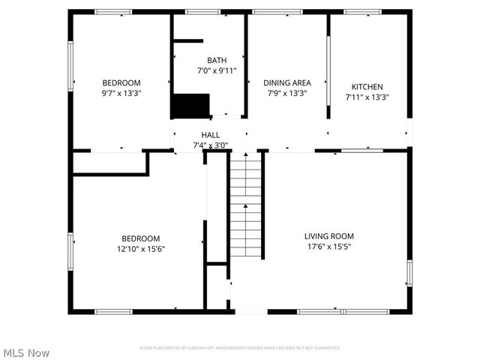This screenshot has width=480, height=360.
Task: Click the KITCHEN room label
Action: [367, 87]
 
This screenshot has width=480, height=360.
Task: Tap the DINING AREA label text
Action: [284, 82]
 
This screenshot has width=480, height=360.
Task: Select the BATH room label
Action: [217, 60]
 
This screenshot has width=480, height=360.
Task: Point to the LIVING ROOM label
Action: [329, 235]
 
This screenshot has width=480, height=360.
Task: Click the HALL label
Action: [210, 135]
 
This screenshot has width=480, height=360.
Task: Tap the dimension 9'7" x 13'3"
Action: [121, 93]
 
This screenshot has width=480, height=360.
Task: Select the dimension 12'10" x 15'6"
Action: [141, 248]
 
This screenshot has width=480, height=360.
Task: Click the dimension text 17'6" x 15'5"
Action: [329, 246]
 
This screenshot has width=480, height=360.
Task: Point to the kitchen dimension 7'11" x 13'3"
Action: [367, 97]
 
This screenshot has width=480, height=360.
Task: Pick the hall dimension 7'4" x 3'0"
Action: [210, 145]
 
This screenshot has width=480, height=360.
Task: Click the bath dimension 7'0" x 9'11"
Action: [217, 70]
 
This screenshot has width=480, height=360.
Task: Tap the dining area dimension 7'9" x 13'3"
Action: [284, 93]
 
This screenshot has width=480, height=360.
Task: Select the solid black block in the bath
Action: [190, 106]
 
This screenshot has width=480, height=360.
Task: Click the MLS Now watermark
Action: [27, 352]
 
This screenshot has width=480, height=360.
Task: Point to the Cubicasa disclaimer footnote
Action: [240, 348]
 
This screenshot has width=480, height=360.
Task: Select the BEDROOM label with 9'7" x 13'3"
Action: [121, 82]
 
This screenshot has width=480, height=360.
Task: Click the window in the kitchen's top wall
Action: [362, 11]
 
